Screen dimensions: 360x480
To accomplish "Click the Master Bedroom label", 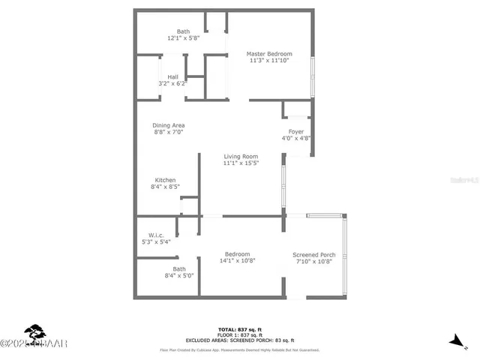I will click(x=270, y=54).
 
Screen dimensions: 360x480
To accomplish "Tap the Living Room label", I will click(x=240, y=156).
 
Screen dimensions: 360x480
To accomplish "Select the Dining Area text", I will click(x=169, y=125).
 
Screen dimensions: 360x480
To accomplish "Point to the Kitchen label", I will click(x=165, y=180).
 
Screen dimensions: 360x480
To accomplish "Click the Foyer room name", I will click(x=296, y=131).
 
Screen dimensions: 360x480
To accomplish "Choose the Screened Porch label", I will click(x=314, y=255).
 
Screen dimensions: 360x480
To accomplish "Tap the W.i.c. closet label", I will click(x=156, y=235).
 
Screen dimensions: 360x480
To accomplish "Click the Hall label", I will click(x=172, y=76).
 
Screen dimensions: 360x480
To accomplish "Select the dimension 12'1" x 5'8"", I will click(x=183, y=38).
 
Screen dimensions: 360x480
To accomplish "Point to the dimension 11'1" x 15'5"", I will click(x=240, y=163).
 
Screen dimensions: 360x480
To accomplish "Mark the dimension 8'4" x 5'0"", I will click(x=178, y=275).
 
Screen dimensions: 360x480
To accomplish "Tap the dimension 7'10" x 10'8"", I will click(x=314, y=262).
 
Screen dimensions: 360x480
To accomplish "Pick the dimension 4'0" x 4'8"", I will click(x=295, y=139).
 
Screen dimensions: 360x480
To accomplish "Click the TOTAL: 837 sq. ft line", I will click(x=240, y=329).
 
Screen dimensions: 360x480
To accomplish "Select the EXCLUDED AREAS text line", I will click(x=240, y=340).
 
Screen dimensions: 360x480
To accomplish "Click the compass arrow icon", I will click(x=454, y=341).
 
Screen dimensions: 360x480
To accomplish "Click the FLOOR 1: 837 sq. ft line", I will click(x=240, y=334).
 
